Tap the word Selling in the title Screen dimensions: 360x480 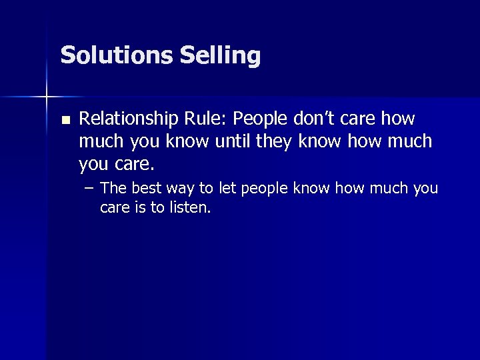tap(220, 55)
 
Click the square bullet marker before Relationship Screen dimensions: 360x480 tap(65, 121)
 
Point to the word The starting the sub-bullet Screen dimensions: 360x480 tap(113, 189)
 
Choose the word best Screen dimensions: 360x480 tap(145, 189)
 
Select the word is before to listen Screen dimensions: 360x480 tap(140, 208)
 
